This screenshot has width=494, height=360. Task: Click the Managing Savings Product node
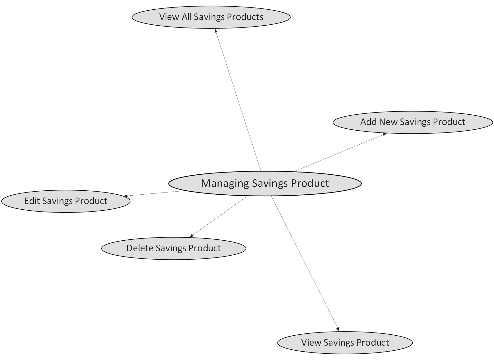tap(265, 183)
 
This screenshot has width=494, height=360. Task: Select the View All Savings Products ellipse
tap(211, 17)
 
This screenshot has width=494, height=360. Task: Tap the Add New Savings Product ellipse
tap(413, 122)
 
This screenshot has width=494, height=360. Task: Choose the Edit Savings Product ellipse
tap(66, 201)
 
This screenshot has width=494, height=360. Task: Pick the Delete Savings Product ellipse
tap(174, 248)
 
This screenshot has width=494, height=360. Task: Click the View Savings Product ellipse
tap(345, 343)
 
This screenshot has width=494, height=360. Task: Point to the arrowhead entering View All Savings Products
tap(216, 31)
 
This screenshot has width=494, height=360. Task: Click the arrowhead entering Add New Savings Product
tap(384, 134)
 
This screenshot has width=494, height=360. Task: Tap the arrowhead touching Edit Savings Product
tap(125, 196)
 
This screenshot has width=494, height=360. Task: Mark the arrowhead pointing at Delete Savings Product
tap(191, 236)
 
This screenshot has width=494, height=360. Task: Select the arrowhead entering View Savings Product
tap(338, 329)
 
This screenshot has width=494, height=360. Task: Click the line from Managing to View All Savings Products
tap(238, 100)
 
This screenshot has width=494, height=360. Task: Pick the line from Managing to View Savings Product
tap(305, 264)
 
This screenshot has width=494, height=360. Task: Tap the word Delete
tap(139, 248)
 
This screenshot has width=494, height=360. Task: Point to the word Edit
tap(32, 201)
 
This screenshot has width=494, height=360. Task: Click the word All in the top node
tap(187, 17)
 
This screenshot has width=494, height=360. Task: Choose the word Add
tap(368, 122)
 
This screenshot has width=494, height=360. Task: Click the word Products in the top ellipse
tap(245, 17)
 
